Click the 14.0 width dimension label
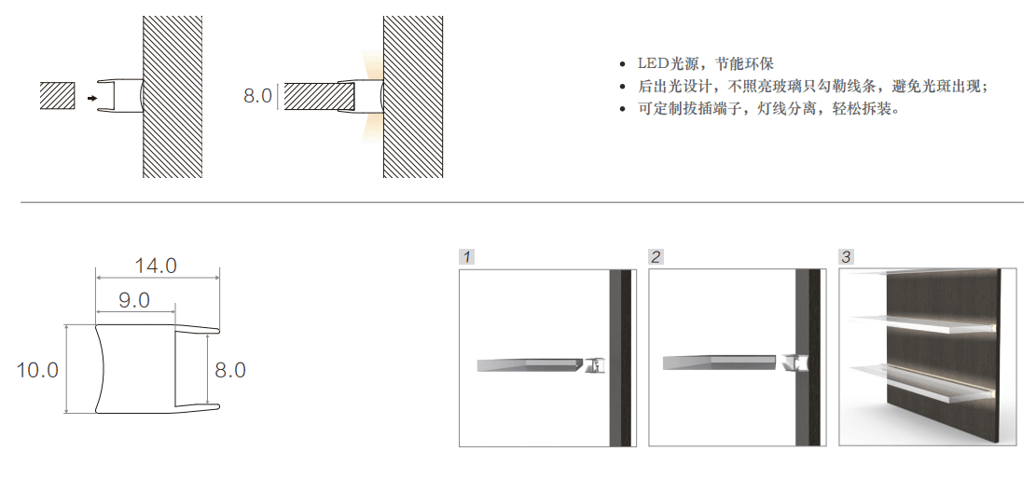click(156, 266)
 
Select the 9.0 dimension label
click(134, 301)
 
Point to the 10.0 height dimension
click(37, 370)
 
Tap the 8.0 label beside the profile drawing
click(230, 370)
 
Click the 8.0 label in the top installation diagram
click(257, 96)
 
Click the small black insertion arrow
click(91, 99)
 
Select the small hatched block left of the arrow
click(58, 96)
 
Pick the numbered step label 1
click(467, 257)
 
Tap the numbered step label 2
click(656, 257)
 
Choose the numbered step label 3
click(847, 257)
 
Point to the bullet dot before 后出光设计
click(622, 87)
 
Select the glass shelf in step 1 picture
click(532, 364)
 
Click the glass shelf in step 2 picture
click(719, 363)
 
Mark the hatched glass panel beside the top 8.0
click(311, 96)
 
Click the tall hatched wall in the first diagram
click(173, 97)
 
